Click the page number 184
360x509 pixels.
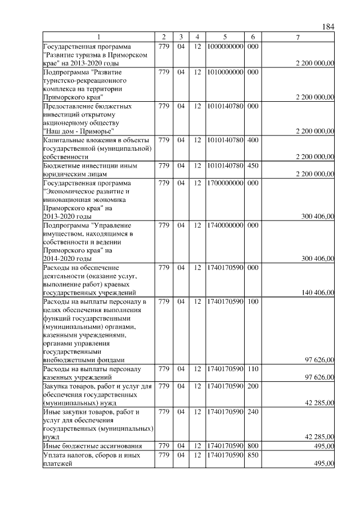pos(328,27)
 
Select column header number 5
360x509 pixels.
pos(224,37)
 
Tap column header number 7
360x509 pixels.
pos(298,37)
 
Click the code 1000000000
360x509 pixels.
pos(224,46)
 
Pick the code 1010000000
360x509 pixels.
pos(224,72)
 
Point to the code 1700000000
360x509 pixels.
pos(224,183)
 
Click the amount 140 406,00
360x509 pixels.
pos(318,292)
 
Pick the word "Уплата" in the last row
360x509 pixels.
pos(56,454)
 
